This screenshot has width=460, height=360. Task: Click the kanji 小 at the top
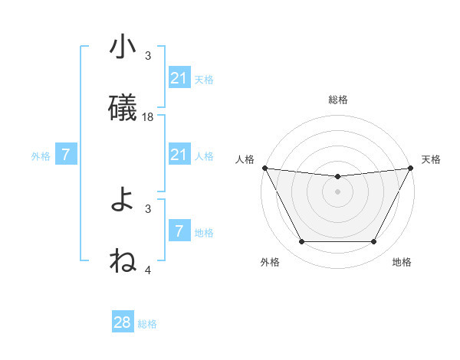[x=123, y=48]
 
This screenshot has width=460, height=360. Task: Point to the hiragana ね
[x=123, y=262]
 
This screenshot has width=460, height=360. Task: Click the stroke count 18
[x=149, y=116]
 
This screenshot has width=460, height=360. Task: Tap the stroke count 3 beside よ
[x=149, y=208]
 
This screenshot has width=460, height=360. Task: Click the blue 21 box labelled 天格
[x=179, y=78]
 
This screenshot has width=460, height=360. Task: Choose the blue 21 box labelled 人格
[x=179, y=155]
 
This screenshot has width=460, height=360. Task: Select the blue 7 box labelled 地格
[x=179, y=231]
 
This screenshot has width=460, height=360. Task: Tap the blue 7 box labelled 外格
[x=66, y=155]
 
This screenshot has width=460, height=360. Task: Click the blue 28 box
[x=123, y=322]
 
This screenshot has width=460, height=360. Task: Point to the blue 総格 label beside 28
[x=147, y=324]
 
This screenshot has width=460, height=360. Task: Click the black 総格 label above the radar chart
[x=338, y=100]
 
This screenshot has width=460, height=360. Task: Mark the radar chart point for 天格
[x=412, y=168]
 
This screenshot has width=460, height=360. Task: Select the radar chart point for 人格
[x=264, y=168]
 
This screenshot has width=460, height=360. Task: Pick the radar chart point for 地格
[x=374, y=242]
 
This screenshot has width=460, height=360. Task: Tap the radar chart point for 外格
[x=301, y=242]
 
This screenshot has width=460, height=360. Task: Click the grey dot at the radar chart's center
[x=338, y=191]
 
